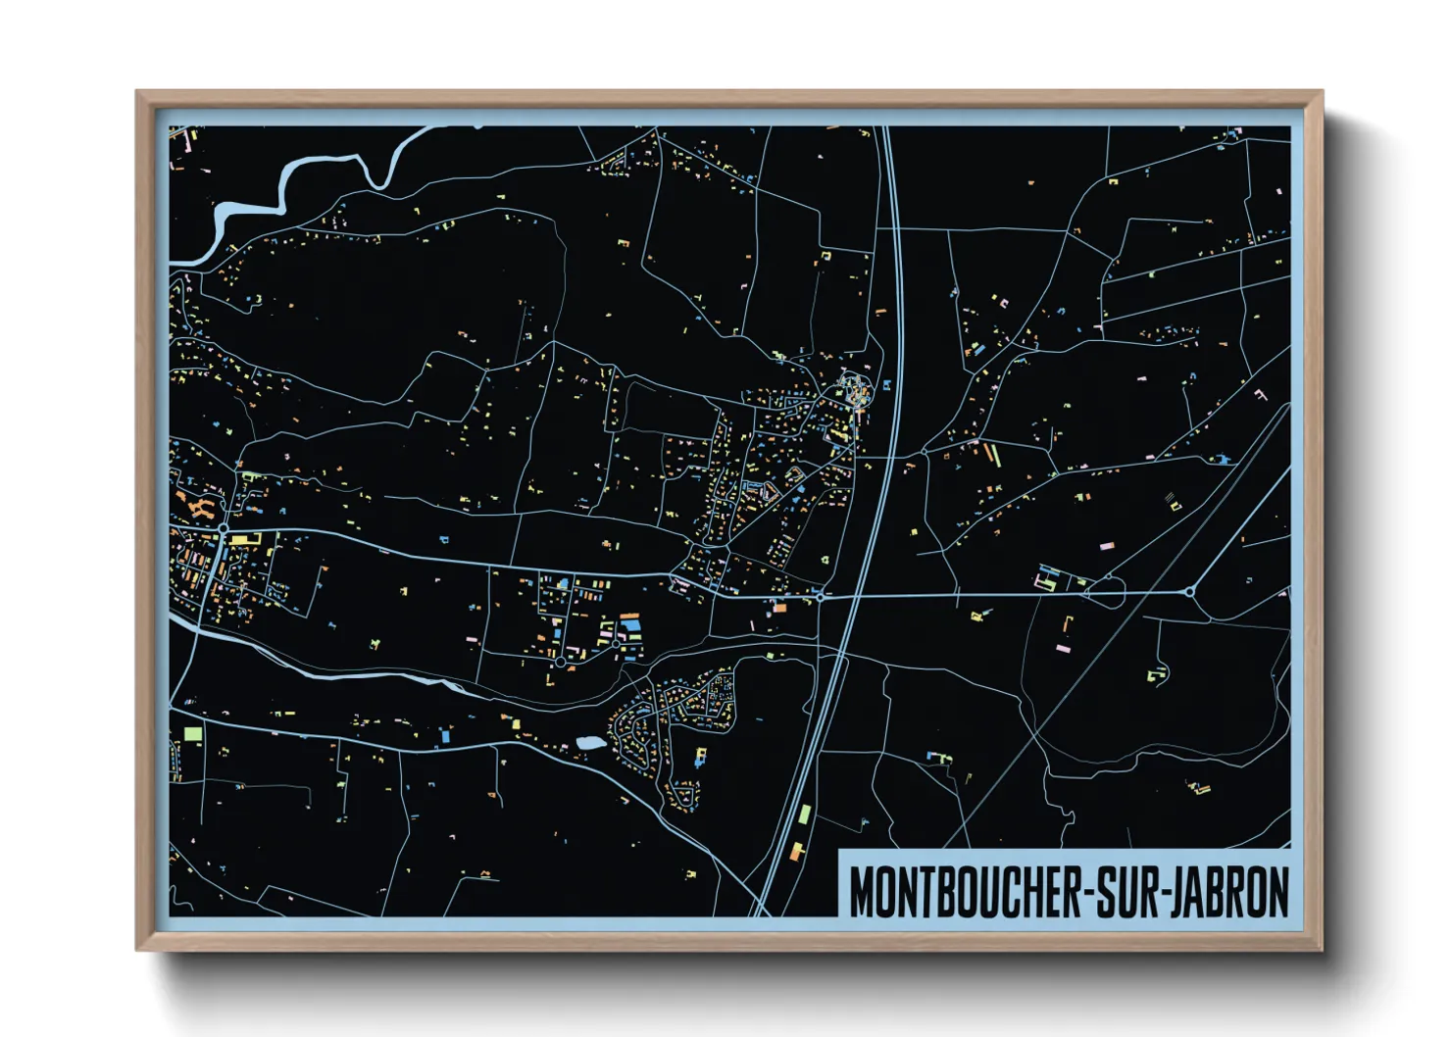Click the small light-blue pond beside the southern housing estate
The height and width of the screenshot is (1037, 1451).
click(591, 743)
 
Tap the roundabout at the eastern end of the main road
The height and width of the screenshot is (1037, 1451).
click(1189, 592)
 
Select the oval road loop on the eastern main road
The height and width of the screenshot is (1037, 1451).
click(1105, 592)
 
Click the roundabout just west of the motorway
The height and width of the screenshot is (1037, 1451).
click(821, 596)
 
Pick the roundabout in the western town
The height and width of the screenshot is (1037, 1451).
click(224, 528)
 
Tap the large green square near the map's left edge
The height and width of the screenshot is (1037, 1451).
click(192, 732)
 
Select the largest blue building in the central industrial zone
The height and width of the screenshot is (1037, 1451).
click(630, 623)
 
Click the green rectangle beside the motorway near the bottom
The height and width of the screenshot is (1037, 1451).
click(805, 815)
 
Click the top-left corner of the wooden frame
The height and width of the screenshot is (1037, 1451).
click(138, 92)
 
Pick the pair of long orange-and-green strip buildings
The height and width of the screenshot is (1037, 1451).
click(991, 455)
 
